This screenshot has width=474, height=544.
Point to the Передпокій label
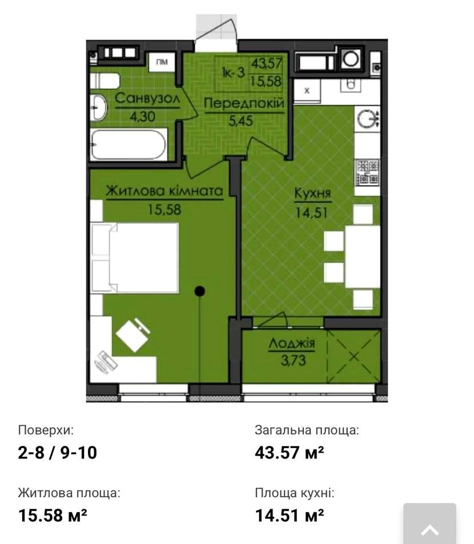pyautogui.click(x=244, y=104)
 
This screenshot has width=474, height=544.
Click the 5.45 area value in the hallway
pyautogui.click(x=243, y=122)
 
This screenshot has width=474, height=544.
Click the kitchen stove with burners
pyautogui.click(x=367, y=172)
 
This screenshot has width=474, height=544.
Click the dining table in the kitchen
pyautogui.click(x=362, y=256)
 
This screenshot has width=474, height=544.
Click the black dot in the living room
pyautogui.click(x=199, y=292)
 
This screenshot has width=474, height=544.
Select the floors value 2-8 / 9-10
pyautogui.click(x=57, y=453)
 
